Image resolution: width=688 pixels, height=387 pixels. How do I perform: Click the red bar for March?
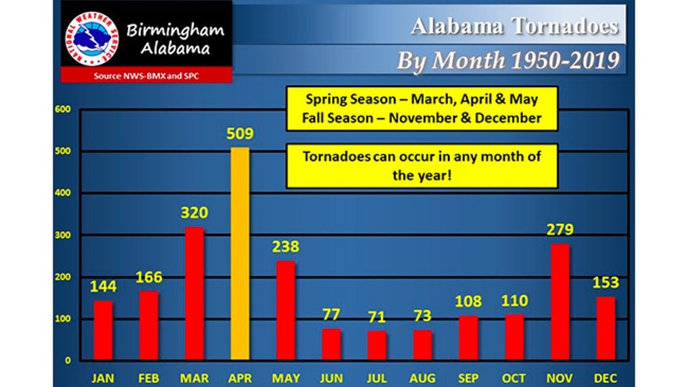[194, 293]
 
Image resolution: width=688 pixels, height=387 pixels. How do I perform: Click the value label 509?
[239, 133]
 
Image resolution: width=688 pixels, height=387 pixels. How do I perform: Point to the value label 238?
[286, 247]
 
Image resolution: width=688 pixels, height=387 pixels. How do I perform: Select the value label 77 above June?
[331, 314]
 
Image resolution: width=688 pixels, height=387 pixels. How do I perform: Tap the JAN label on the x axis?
[103, 377]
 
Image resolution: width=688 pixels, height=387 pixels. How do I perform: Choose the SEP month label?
[468, 377]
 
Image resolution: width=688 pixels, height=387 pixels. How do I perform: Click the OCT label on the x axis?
[514, 377]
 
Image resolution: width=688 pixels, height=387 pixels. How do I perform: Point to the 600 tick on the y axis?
[64, 110]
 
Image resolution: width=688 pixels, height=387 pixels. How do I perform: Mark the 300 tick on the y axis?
[64, 235]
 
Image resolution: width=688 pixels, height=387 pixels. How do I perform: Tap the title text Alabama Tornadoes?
[515, 26]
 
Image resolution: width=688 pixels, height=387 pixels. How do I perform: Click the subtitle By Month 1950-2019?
[508, 60]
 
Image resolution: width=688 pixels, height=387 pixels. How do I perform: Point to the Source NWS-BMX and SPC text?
[146, 75]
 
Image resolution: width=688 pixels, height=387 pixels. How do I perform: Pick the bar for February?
[149, 325]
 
